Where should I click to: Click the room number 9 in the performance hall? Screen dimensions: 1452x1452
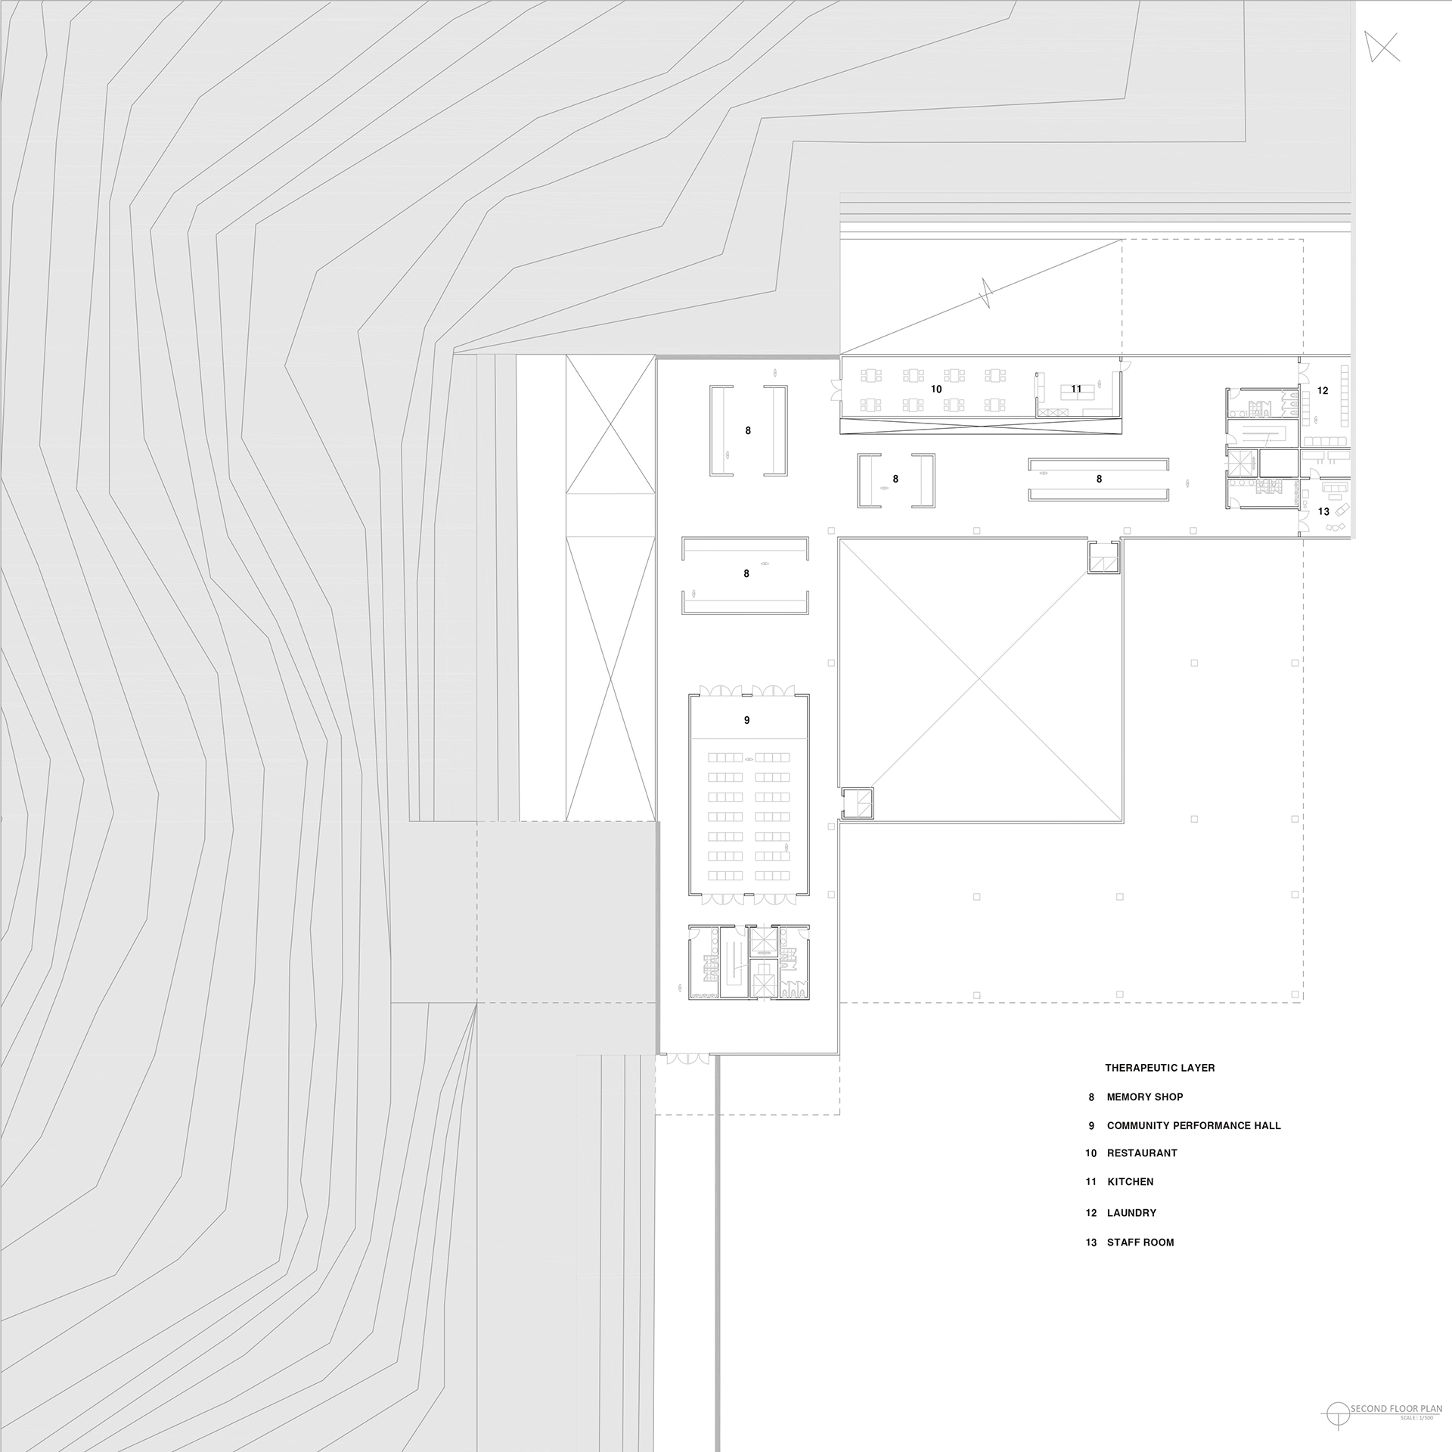point(746,720)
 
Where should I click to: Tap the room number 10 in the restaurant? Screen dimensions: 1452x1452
point(936,389)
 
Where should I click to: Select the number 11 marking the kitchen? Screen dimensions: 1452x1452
point(1076,389)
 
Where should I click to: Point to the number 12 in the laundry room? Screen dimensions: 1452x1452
point(1323,390)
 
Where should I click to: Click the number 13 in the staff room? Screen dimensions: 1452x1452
point(1323,511)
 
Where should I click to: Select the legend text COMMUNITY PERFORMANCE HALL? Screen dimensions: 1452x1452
point(1194,1125)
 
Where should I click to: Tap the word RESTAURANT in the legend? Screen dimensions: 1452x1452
point(1142,1153)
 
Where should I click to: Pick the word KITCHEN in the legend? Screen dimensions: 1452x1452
point(1131,1181)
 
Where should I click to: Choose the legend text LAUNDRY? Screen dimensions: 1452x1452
point(1131,1212)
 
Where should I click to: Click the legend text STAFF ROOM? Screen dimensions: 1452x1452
point(1140,1242)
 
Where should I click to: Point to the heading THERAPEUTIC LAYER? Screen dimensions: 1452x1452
point(1160,1068)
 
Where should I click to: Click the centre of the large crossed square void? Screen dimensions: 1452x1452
point(979,680)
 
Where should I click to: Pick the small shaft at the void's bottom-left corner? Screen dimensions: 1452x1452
point(858,802)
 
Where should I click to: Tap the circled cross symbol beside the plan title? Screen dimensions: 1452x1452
point(1340,1410)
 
